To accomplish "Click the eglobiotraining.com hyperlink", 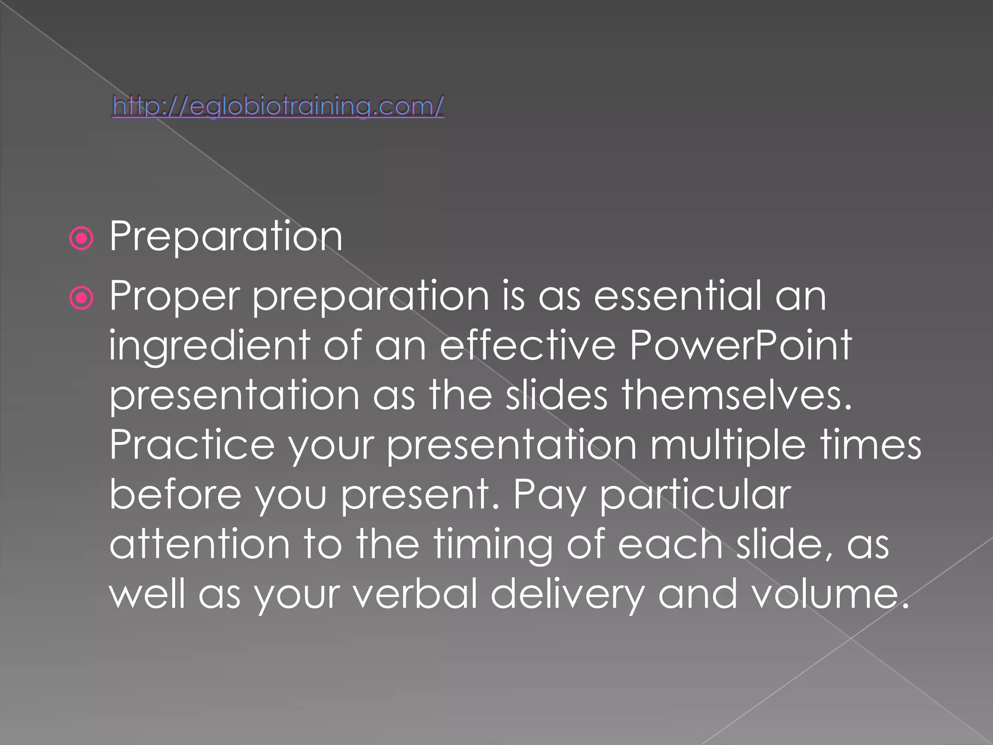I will click(x=278, y=106).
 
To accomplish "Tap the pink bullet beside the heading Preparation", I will click(x=81, y=239).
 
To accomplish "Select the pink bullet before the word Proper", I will click(x=81, y=298).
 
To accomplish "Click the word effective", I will click(x=528, y=345).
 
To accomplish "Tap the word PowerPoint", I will click(x=740, y=345).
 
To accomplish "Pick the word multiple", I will click(x=727, y=446).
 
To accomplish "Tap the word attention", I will click(x=199, y=544).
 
